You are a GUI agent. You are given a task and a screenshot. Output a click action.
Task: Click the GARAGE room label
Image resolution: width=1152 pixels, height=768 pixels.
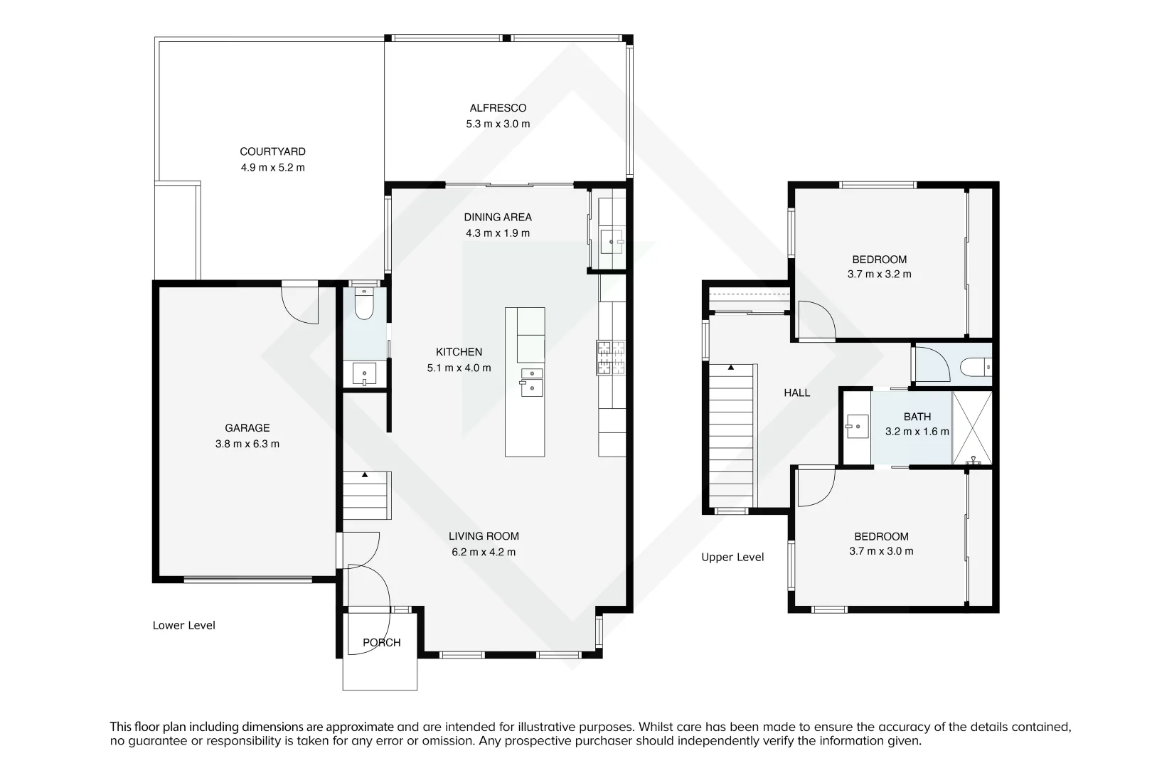(247, 428)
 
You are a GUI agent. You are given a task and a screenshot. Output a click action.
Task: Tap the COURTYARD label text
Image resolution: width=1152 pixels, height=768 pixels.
(272, 151)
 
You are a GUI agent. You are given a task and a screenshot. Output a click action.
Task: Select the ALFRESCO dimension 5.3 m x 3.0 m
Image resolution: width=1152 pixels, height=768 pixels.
(498, 124)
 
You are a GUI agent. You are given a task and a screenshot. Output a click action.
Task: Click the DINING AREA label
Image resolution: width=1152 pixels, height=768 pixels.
(498, 218)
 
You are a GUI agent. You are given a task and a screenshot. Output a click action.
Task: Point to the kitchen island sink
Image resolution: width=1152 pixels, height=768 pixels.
(531, 382)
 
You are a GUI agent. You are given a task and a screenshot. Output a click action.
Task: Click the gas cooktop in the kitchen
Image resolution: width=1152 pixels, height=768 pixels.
(610, 357)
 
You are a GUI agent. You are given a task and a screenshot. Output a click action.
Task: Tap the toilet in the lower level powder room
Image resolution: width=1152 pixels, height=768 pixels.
(364, 304)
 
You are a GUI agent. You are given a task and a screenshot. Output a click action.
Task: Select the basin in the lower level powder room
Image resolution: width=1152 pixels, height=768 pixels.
(365, 373)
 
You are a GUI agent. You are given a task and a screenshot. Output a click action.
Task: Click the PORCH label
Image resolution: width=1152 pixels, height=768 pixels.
(382, 643)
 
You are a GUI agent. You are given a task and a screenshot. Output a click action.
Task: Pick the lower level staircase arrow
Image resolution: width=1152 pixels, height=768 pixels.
(365, 474)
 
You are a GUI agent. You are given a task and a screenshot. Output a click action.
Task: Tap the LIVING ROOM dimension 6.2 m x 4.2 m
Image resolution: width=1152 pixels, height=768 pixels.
(484, 553)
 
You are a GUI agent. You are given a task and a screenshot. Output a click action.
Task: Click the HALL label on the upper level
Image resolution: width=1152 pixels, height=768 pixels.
(797, 393)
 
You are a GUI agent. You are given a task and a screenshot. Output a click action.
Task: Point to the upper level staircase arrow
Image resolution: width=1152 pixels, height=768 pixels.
(730, 368)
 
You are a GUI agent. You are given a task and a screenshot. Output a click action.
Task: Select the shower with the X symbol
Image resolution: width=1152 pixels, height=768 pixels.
(971, 427)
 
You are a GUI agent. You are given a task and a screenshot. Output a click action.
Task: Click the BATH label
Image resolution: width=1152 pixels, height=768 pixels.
(917, 417)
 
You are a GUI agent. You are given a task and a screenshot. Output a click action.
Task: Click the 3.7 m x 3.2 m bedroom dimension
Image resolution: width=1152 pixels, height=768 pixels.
(880, 274)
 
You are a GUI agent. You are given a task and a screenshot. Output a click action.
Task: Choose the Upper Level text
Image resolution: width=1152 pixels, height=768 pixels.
(732, 558)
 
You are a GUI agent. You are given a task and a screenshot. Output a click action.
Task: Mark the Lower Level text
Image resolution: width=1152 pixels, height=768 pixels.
(183, 626)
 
